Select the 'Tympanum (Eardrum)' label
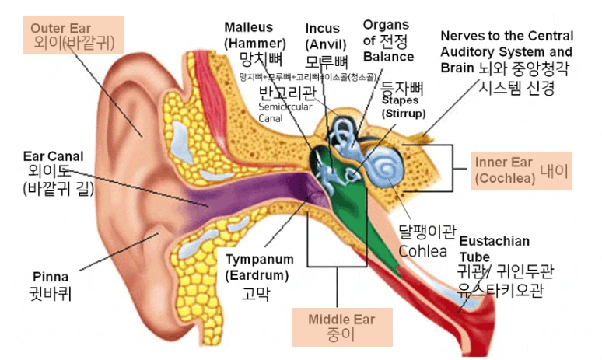[x=259, y=267]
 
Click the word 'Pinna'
[x=51, y=277]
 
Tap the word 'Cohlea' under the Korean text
[x=422, y=250]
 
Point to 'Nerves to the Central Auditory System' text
[x=506, y=48]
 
